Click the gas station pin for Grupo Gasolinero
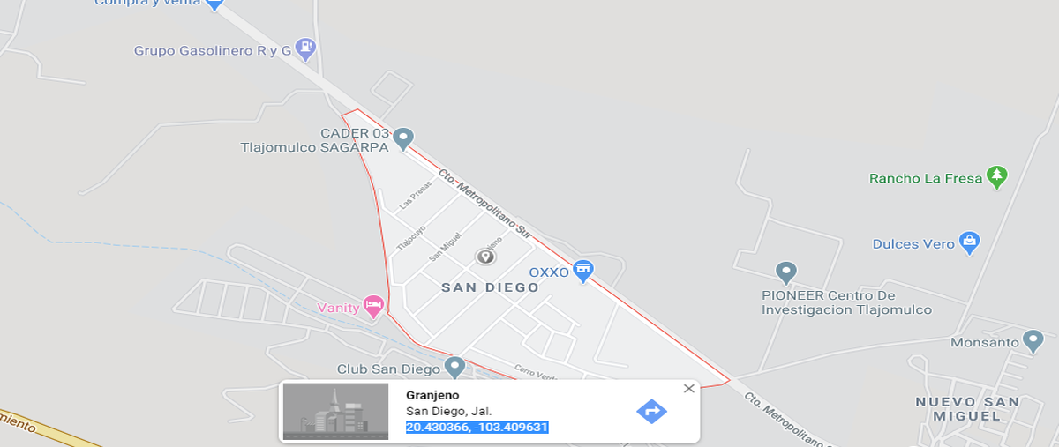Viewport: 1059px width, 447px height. pos(305,48)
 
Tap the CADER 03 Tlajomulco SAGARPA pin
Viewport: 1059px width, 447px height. pos(403,138)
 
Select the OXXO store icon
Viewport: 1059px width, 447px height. pos(582,272)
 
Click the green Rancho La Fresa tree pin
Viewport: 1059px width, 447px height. pos(997,176)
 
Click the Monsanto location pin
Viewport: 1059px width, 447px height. pos(1033,340)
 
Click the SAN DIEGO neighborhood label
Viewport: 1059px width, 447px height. pos(490,287)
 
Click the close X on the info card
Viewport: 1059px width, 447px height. pos(689,388)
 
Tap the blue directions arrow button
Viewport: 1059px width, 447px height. pos(651,411)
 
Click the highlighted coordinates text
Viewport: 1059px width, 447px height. pos(477,428)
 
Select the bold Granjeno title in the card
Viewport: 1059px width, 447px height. pos(432,395)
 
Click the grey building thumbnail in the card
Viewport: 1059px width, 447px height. pos(335,411)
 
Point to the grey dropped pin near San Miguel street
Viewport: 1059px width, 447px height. pos(484,257)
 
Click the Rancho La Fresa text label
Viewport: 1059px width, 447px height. pos(926,178)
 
